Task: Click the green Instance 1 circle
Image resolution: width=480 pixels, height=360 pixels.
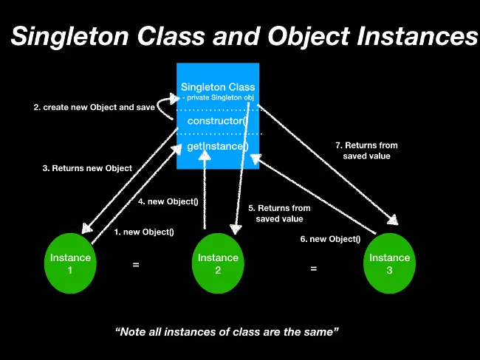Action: pos(70,263)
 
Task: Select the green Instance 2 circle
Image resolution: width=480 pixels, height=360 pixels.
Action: pos(218,263)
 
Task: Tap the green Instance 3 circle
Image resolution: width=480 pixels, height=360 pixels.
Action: pos(389,263)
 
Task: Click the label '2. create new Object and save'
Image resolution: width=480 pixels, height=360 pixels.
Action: pos(95,108)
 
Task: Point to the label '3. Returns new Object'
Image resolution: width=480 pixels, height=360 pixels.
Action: pos(87,168)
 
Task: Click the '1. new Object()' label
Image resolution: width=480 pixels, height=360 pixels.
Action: pos(144,232)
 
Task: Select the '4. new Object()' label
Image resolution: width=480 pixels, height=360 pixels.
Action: pos(168,201)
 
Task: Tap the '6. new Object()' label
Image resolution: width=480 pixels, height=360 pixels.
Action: pos(330,239)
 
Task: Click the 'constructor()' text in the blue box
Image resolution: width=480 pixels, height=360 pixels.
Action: pos(219,120)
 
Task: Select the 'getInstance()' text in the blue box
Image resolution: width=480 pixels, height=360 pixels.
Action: pos(218,146)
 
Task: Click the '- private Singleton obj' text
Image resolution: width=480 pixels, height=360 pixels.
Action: pos(219,97)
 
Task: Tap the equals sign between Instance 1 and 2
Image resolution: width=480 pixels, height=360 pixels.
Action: pos(136,263)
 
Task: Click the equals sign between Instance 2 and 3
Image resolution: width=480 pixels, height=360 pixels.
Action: pos(313,269)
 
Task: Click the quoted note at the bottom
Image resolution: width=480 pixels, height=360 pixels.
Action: pos(227,333)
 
